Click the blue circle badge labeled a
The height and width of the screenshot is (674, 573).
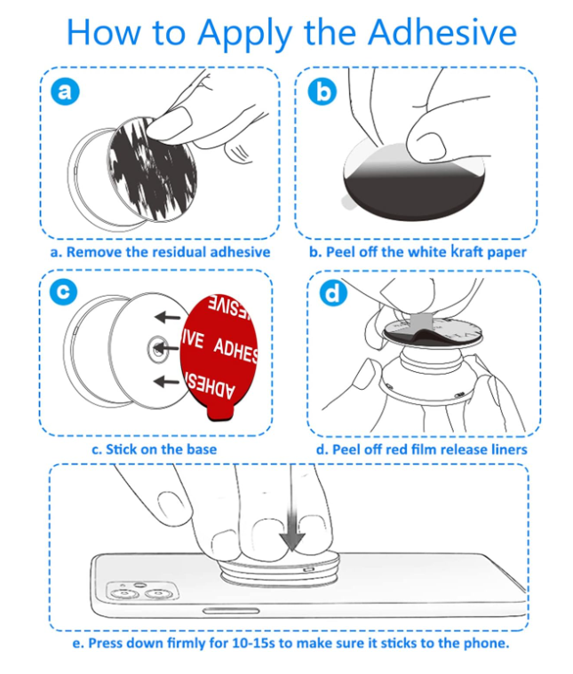[64, 90]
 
